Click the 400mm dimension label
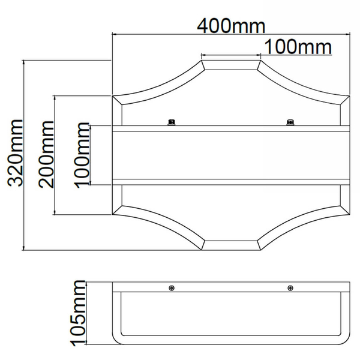tap(231, 26)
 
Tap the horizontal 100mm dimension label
tap(298, 47)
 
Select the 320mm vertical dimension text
tap(16, 152)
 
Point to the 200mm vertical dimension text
tap(46, 154)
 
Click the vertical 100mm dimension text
tap(82, 155)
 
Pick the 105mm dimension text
tap(77, 313)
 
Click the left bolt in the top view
tap(172, 122)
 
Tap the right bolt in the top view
tap(290, 122)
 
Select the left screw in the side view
tap(172, 287)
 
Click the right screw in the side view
tap(290, 287)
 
